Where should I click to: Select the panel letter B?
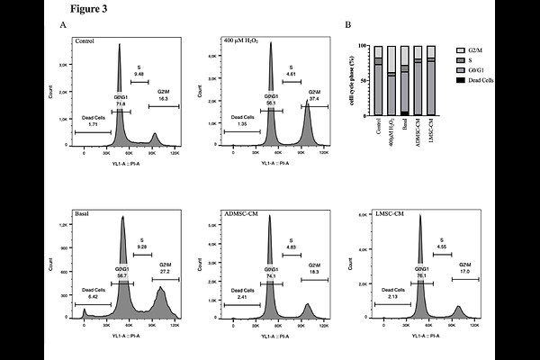click(348, 25)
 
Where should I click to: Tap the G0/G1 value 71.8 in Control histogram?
click(120, 105)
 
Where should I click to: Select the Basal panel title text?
click(84, 217)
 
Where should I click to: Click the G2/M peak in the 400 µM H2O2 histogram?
click(306, 121)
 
